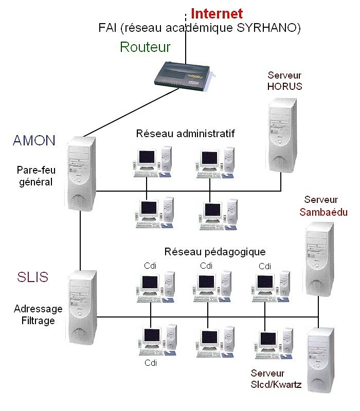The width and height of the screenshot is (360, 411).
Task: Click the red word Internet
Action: [217, 14]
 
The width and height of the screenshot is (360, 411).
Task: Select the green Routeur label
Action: [145, 47]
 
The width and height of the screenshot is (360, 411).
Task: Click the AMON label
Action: [34, 140]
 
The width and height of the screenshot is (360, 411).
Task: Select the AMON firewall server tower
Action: [80, 174]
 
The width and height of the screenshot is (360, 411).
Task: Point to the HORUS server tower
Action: [282, 135]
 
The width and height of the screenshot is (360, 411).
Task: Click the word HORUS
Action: [285, 86]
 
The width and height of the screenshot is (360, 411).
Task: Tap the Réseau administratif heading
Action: [185, 134]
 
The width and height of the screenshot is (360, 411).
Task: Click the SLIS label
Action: [33, 277]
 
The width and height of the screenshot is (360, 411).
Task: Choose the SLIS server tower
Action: [82, 308]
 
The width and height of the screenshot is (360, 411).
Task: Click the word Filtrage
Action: [38, 321]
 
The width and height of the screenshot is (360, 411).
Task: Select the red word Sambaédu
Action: [323, 212]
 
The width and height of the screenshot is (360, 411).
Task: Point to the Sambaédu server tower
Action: [319, 259]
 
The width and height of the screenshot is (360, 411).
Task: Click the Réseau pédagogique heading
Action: [215, 252]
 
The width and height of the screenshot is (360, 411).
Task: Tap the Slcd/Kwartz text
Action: [276, 384]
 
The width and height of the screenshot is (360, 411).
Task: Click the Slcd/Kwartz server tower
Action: [321, 360]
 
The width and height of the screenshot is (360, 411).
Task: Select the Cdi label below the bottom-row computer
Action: [151, 363]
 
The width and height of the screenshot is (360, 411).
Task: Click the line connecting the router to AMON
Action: [131, 113]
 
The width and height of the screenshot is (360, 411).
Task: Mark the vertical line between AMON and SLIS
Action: [80, 240]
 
